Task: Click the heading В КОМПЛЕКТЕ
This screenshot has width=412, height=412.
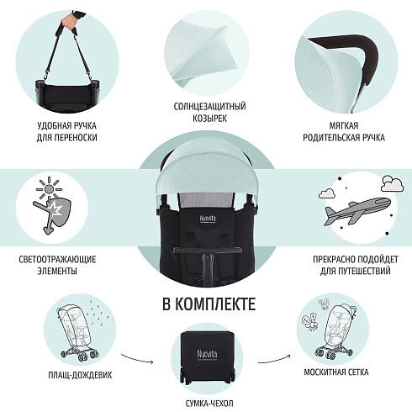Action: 209,304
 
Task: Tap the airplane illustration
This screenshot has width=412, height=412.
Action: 357,211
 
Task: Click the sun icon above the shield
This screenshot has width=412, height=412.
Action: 49,188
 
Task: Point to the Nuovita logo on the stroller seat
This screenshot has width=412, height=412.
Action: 208,219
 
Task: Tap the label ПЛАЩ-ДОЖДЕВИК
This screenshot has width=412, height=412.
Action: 80,375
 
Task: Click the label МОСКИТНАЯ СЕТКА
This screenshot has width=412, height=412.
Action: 336,372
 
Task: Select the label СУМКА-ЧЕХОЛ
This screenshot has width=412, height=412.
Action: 209,404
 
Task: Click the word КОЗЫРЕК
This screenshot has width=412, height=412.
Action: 209,119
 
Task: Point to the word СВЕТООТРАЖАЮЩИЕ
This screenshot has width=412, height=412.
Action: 57,259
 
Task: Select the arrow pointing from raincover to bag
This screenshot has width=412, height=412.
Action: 137,358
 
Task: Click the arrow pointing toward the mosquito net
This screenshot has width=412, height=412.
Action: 274,359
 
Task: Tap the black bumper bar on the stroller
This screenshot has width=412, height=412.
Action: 208,250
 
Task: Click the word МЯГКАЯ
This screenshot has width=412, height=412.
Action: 344,125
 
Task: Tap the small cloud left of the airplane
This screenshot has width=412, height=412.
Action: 327,193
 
